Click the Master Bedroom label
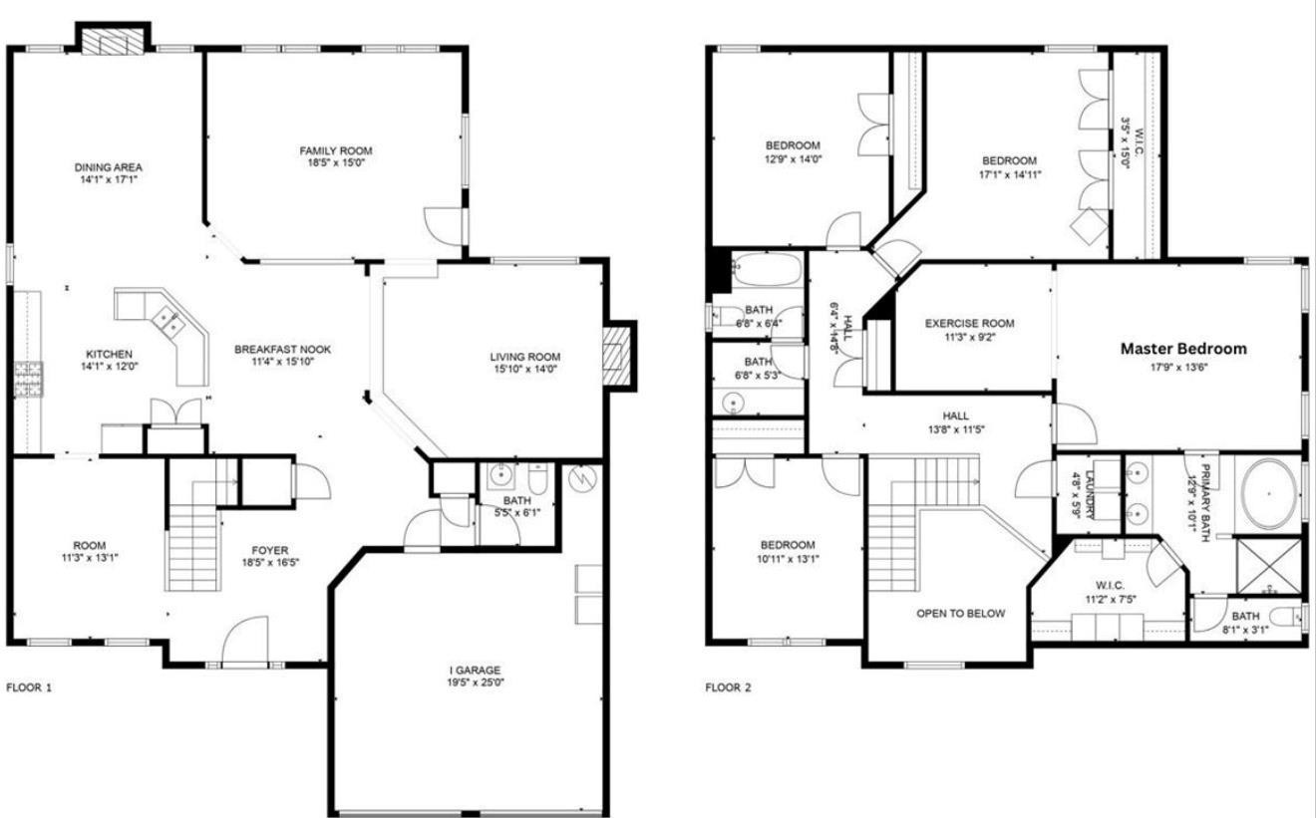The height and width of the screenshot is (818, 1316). point(1183,349)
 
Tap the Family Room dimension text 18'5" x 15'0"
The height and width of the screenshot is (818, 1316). point(336,162)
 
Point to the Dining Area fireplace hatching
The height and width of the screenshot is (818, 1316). point(113,42)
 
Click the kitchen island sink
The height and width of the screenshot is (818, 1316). point(167,322)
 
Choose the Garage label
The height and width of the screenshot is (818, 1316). point(476,670)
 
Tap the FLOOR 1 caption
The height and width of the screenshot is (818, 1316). point(29,687)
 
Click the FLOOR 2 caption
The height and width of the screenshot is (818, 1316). point(728,687)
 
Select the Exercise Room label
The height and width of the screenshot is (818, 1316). point(969,324)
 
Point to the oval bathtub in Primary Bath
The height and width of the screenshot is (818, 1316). point(1269,494)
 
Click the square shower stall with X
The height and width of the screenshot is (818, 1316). point(1269,566)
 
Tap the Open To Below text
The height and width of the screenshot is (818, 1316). point(960,614)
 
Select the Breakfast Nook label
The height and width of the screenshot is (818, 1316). point(282,350)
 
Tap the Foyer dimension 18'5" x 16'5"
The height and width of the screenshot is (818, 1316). point(270,562)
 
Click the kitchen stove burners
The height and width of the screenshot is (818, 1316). point(28,379)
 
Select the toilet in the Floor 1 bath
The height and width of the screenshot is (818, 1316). point(538,478)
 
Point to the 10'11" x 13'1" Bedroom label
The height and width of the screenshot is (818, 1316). point(788,552)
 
